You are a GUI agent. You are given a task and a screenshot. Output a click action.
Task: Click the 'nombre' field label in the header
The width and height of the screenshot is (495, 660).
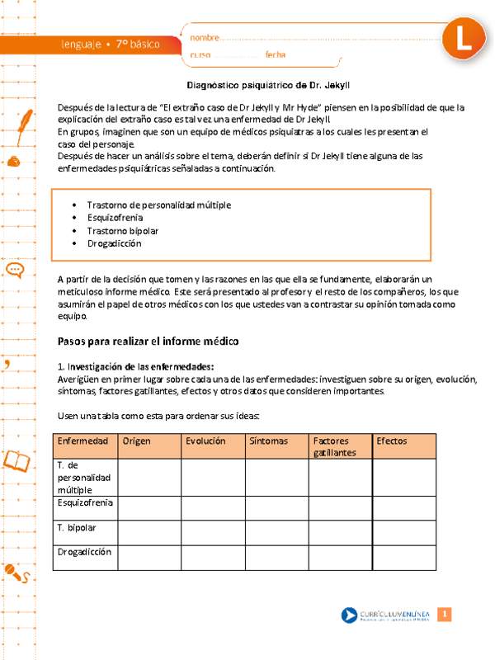(x=205, y=38)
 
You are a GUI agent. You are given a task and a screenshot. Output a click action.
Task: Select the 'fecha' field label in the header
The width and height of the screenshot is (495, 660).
(x=276, y=55)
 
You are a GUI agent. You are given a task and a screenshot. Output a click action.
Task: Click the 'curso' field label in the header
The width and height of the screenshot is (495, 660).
(x=200, y=55)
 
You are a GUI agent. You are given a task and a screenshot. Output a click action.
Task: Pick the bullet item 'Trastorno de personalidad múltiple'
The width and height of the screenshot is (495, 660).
(x=158, y=205)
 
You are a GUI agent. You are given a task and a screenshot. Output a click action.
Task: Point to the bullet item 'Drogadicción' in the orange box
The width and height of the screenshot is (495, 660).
(x=114, y=244)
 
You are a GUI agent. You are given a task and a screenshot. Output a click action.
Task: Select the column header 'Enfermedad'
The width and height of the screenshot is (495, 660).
(x=82, y=441)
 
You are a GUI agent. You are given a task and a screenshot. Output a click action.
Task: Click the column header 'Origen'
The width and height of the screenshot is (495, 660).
(x=136, y=441)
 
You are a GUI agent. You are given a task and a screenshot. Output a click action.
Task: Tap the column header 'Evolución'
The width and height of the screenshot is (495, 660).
(x=205, y=441)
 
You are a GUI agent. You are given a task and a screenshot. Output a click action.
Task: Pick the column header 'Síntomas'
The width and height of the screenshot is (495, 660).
(x=269, y=441)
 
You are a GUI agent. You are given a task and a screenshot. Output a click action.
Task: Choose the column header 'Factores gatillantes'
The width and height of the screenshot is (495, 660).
(x=335, y=447)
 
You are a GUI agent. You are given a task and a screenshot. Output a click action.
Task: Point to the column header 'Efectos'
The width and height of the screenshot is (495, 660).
(x=391, y=441)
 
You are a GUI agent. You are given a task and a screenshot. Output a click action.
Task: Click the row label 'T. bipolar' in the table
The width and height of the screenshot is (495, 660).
(x=77, y=527)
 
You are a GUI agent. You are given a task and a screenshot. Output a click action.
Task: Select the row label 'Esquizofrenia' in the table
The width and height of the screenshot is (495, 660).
(x=85, y=502)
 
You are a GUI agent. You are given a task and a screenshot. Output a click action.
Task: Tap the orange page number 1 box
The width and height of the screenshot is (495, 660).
(x=444, y=615)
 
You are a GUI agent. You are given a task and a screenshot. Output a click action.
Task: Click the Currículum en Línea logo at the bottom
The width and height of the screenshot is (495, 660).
(x=385, y=615)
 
